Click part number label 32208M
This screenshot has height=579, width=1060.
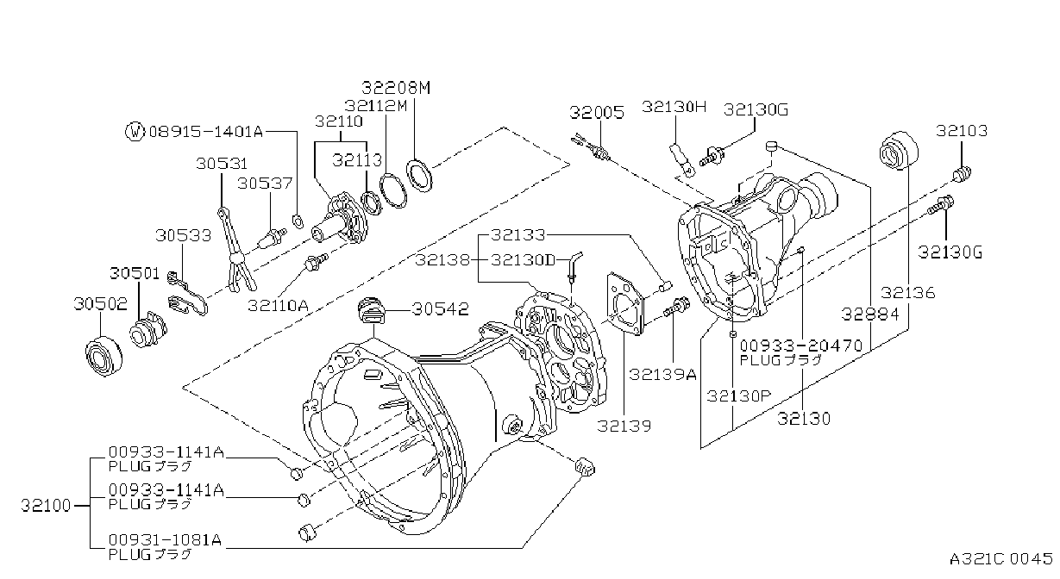tap(396, 88)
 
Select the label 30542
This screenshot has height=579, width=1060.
tap(440, 309)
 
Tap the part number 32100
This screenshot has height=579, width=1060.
tap(46, 506)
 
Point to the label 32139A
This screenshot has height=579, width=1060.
tap(662, 374)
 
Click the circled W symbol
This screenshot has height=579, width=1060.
tap(135, 131)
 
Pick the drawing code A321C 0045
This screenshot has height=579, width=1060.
tap(1001, 558)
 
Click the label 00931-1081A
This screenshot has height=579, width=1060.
tap(165, 539)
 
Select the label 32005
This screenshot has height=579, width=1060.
tap(597, 113)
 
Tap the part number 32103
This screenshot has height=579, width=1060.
tap(962, 130)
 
